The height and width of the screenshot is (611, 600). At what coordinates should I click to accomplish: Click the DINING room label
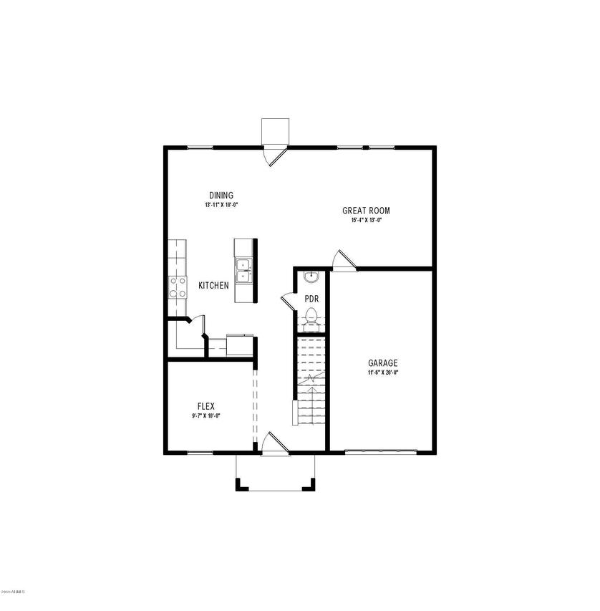click(x=221, y=196)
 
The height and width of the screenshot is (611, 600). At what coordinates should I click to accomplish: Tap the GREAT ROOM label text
click(x=366, y=211)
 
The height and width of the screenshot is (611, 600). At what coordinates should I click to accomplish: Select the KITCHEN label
click(x=213, y=285)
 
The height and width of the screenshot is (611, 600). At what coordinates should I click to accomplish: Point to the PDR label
click(x=311, y=299)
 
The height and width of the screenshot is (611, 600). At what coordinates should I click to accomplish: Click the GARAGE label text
click(x=383, y=363)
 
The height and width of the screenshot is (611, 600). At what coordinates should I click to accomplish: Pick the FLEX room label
click(x=206, y=406)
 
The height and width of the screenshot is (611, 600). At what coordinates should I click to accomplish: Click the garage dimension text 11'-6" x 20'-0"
click(x=383, y=372)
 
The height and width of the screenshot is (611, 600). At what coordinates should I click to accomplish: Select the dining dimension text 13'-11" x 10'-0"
click(x=221, y=205)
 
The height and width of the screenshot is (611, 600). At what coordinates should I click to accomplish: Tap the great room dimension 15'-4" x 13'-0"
click(x=366, y=221)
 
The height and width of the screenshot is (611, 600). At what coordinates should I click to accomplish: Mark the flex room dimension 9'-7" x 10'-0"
click(x=206, y=415)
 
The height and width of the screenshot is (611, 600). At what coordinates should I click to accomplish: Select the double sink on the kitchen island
click(x=243, y=270)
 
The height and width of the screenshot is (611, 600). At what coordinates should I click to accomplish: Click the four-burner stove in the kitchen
click(x=177, y=287)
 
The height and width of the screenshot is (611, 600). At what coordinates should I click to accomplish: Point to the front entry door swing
click(x=273, y=443)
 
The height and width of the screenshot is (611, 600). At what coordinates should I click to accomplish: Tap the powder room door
click(x=288, y=301)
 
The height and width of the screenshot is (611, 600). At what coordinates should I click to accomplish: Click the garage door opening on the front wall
click(x=380, y=451)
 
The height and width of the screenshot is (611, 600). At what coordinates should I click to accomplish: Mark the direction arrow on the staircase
click(x=310, y=377)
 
